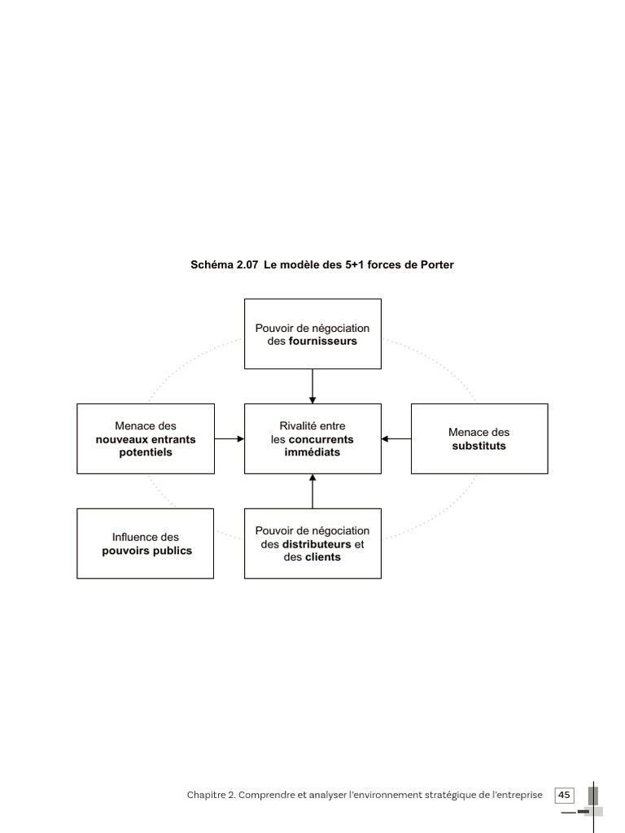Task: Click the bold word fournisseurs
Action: point(322,341)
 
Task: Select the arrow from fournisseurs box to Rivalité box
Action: point(312,386)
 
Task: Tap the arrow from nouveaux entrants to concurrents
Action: point(229,438)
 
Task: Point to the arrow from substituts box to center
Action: point(396,438)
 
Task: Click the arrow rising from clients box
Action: point(312,491)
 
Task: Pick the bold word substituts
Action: point(479,446)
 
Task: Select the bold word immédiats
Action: point(312,452)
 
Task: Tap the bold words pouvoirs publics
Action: point(146,551)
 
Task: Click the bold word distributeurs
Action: point(317,544)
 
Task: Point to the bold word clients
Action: point(323,556)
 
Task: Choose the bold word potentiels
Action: point(146,452)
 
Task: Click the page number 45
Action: point(565,795)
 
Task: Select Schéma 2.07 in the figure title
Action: point(225,264)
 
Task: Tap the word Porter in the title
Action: point(437,264)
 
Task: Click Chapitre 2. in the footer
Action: point(211,795)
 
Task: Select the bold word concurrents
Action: point(321,439)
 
